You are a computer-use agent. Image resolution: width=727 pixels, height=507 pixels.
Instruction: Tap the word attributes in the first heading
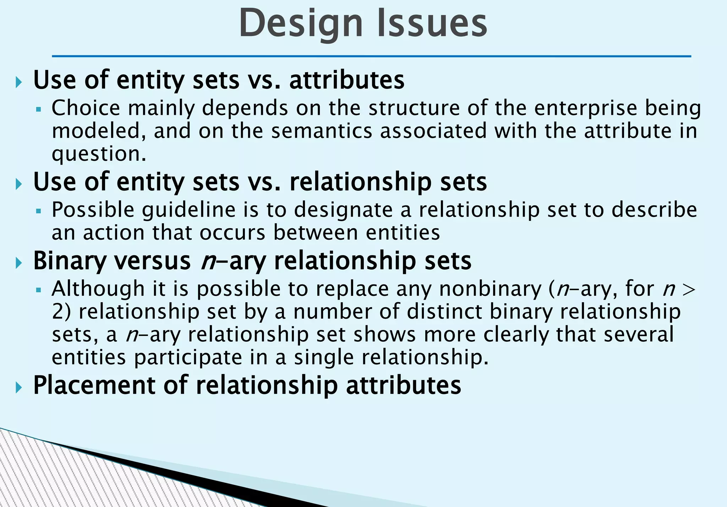click(x=347, y=80)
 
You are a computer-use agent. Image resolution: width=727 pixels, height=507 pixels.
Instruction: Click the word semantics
click(x=322, y=131)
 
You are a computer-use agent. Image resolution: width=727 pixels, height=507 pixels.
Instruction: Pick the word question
click(x=99, y=154)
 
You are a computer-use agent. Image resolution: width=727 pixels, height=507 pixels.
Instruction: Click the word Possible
click(x=93, y=210)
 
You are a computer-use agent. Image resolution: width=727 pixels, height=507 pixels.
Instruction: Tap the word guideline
click(x=189, y=210)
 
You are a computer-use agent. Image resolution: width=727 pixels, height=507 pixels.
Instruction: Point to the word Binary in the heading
click(x=70, y=261)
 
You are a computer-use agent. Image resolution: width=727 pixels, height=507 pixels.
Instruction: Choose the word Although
click(x=98, y=288)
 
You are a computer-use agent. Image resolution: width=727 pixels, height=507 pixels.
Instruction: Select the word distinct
click(x=444, y=311)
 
